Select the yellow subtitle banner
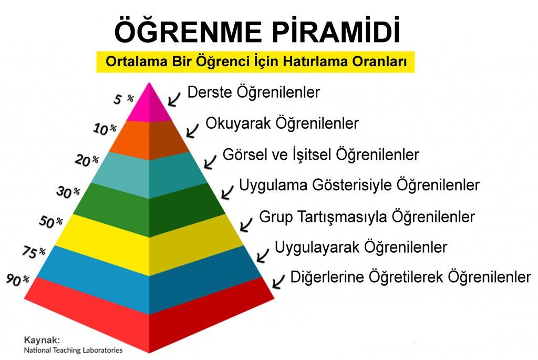point(255,62)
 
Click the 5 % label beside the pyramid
point(123,99)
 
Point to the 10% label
point(105,129)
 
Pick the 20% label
point(87,160)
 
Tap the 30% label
point(68,192)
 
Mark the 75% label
point(34,252)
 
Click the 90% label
point(18,280)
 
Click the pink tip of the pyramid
point(149,105)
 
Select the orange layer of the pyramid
point(149,139)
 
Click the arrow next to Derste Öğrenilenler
point(174,99)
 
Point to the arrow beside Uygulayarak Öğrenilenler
point(263,255)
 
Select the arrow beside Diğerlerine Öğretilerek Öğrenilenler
point(278,281)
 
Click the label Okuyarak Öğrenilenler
point(282,124)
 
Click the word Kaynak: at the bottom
point(42,340)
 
